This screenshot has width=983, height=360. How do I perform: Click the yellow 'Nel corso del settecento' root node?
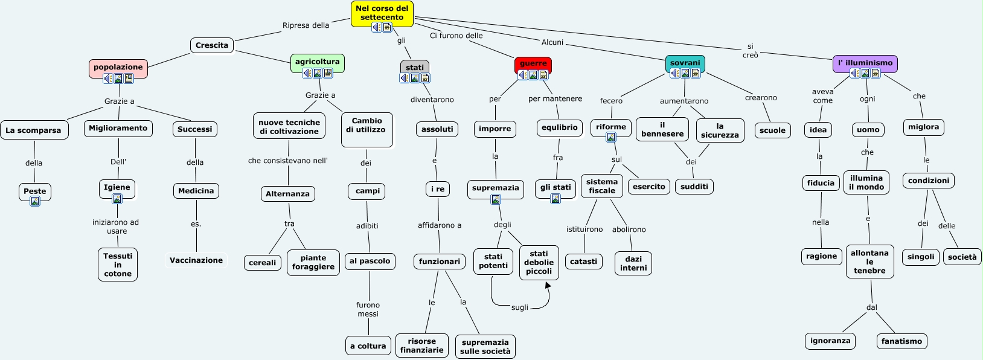point(382,13)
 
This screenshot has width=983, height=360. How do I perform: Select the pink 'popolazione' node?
point(118,67)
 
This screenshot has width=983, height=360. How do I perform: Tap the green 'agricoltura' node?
point(317,62)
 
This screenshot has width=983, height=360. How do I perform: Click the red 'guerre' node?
point(533,63)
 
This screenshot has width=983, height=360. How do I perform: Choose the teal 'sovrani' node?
point(685,63)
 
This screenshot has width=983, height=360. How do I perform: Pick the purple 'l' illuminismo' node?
point(865,63)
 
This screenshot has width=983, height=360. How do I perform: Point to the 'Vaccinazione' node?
point(196,260)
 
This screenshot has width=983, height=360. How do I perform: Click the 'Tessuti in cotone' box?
point(118,265)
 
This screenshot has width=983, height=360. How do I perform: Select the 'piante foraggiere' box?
point(313,262)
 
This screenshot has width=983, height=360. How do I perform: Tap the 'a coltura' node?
point(368,346)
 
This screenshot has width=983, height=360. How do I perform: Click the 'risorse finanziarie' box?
point(421,346)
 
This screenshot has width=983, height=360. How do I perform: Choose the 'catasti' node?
point(583,262)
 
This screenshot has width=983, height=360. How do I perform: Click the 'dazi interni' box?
point(633,263)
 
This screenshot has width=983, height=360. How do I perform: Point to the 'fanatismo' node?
point(901,341)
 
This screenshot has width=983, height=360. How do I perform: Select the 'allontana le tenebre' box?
point(869,262)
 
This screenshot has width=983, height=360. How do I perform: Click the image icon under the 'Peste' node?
point(35,201)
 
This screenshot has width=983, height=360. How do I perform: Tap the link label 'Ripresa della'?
point(306,25)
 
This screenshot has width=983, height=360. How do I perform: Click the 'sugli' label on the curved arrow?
point(519,307)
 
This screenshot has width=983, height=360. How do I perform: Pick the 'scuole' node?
point(772,130)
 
